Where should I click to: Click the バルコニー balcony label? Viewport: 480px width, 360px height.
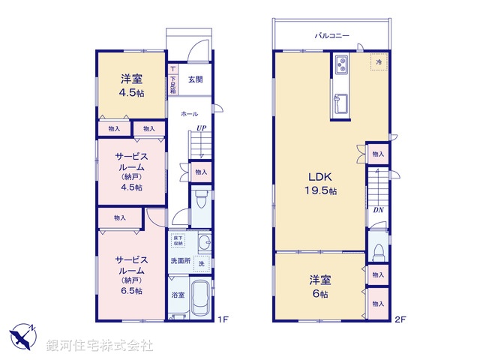click(331, 35)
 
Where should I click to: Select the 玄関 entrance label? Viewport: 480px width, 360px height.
click(195, 79)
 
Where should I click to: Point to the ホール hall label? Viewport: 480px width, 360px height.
click(190, 114)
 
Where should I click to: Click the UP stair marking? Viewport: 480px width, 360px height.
click(201, 128)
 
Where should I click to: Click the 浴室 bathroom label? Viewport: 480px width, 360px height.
click(178, 295)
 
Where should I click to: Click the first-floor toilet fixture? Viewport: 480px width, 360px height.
click(200, 200)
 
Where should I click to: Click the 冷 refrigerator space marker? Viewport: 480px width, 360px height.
click(379, 62)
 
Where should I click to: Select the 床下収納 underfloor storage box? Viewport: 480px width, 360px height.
click(178, 240)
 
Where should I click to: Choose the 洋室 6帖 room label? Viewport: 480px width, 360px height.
click(319, 286)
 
